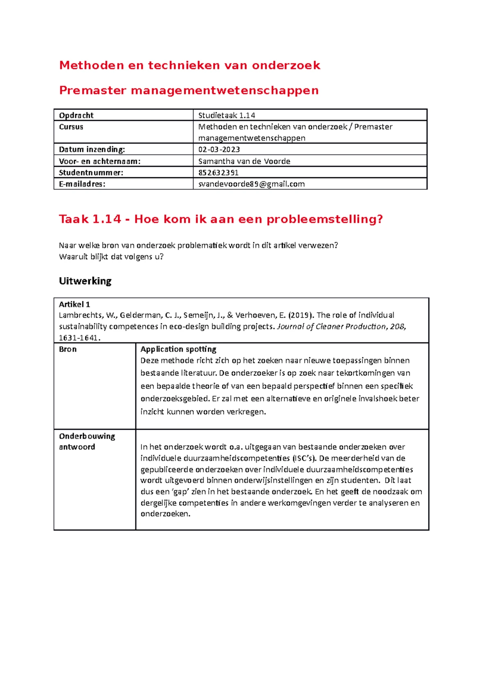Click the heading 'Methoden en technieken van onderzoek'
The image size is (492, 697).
click(x=189, y=65)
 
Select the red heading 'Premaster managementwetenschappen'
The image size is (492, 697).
click(x=189, y=90)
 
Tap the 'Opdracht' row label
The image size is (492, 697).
click(x=76, y=115)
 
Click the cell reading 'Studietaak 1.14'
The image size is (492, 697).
click(x=227, y=115)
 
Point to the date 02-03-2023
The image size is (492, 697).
click(x=219, y=149)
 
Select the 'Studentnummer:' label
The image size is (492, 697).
click(x=91, y=172)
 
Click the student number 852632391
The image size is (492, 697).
click(x=218, y=172)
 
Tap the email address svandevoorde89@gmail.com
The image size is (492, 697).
click(x=251, y=184)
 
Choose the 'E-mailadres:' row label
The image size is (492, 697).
click(x=82, y=184)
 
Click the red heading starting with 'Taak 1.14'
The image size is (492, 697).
click(x=221, y=219)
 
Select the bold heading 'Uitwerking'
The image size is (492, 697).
click(x=85, y=281)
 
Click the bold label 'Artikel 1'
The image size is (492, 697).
click(x=74, y=304)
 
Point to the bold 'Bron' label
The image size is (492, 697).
click(x=68, y=349)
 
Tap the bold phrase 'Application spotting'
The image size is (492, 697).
click(x=178, y=349)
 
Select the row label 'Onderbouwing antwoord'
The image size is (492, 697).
click(x=87, y=441)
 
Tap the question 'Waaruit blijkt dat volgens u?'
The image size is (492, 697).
click(x=111, y=257)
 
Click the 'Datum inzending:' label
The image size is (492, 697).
click(x=92, y=149)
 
